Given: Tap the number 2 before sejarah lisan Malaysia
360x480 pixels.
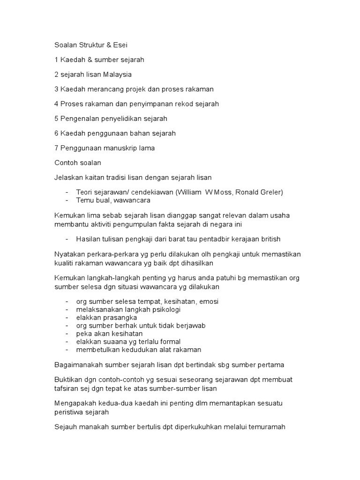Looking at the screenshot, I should click(56, 75).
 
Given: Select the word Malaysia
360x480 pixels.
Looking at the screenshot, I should click(118, 75).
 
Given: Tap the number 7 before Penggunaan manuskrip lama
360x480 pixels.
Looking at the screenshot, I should click(56, 148).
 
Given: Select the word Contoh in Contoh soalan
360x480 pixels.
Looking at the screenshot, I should click(66, 162).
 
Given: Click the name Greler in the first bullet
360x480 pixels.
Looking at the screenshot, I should click(271, 192).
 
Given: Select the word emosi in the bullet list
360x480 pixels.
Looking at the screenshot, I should click(209, 301).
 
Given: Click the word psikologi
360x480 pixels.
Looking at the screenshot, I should click(165, 309).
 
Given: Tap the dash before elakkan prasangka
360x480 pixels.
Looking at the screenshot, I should click(68, 317).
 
